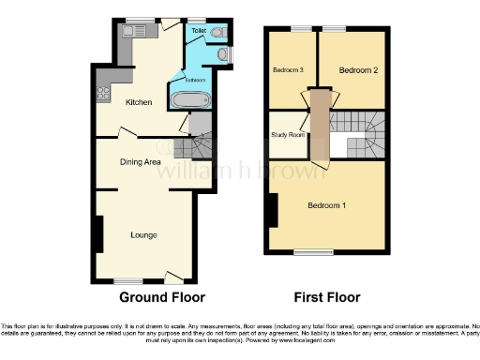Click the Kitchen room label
tap(127, 102)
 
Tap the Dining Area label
tap(141, 161)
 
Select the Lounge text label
tap(143, 233)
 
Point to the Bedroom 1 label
tap(327, 205)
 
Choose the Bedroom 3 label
tap(289, 70)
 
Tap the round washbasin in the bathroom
tap(221, 55)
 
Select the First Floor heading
tap(327, 297)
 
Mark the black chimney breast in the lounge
tap(98, 232)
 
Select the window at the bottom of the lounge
tap(128, 279)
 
